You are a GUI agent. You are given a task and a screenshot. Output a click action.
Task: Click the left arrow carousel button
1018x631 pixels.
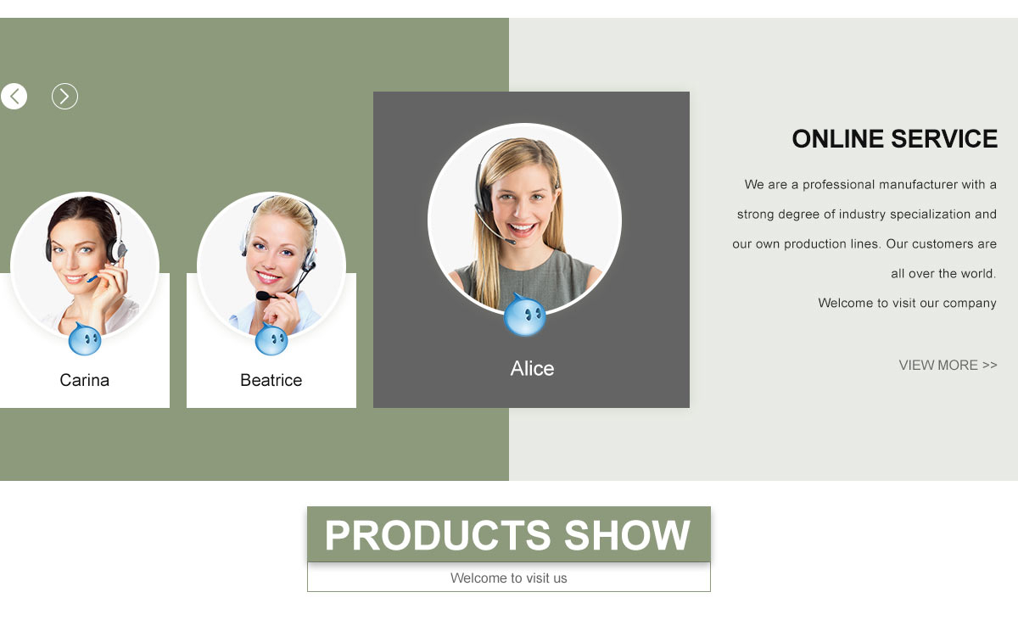(14, 97)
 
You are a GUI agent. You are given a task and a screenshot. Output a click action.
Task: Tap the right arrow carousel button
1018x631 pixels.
(64, 97)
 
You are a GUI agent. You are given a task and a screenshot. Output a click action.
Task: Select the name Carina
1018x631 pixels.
(85, 380)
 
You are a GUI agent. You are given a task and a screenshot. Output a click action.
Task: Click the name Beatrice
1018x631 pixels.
(271, 380)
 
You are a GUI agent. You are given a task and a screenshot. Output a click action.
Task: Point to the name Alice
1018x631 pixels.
(532, 368)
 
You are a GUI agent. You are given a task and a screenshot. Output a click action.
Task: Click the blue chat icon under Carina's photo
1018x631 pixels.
(85, 339)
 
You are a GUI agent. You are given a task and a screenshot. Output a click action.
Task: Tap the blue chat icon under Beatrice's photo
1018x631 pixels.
(271, 339)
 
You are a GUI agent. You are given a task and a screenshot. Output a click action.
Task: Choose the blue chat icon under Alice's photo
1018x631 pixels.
(525, 315)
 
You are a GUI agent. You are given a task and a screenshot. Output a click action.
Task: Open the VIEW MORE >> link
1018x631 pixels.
(948, 366)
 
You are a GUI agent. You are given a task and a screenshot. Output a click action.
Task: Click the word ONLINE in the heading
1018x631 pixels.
(837, 138)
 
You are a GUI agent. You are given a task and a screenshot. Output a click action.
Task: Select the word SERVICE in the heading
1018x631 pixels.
(944, 138)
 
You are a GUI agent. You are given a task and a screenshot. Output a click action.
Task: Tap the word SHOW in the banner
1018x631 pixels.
(627, 535)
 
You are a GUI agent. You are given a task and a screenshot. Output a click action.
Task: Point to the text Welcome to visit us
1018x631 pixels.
(508, 578)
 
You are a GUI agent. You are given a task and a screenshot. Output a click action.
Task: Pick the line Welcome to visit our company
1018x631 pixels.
(907, 303)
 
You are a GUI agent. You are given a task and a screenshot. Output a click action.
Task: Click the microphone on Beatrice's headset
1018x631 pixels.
(263, 296)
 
